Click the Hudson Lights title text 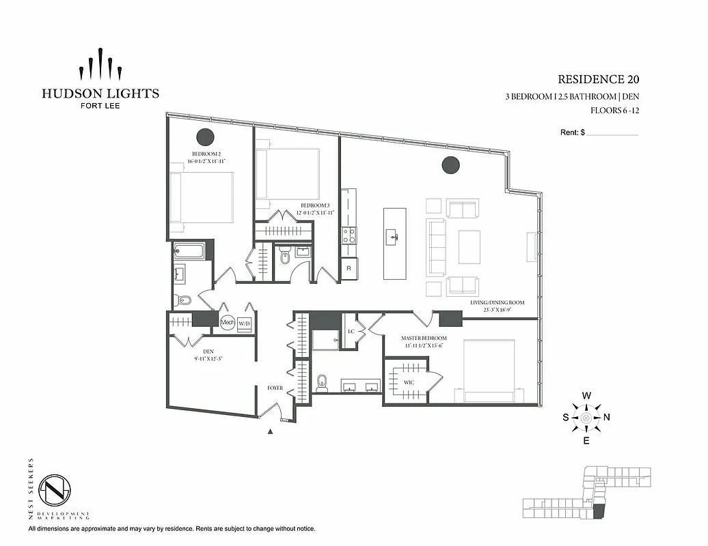pos(100,94)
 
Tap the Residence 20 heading pos(598,80)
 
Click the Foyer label pos(275,388)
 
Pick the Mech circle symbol pos(228,322)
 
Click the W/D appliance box pos(245,323)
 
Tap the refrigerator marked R pos(349,268)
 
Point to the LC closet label pos(351,331)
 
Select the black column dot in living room pos(450,164)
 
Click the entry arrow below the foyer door pos(271,431)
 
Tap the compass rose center pos(586,418)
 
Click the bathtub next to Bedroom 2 pos(189,250)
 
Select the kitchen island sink pos(395,238)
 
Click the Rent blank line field pos(612,133)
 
